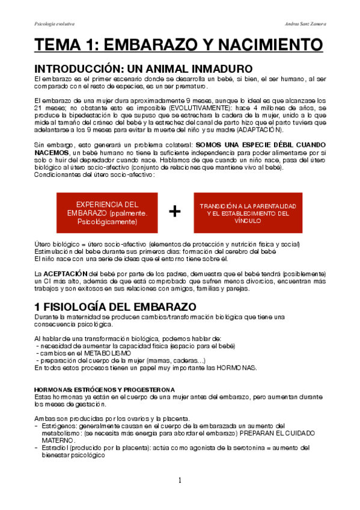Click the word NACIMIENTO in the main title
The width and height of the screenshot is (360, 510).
click(x=258, y=46)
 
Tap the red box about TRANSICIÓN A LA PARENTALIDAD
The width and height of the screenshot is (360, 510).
click(x=248, y=213)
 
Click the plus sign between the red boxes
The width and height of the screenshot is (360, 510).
click(x=175, y=212)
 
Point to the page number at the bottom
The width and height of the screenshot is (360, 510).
click(x=179, y=480)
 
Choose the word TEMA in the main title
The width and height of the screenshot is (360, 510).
click(x=58, y=46)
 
